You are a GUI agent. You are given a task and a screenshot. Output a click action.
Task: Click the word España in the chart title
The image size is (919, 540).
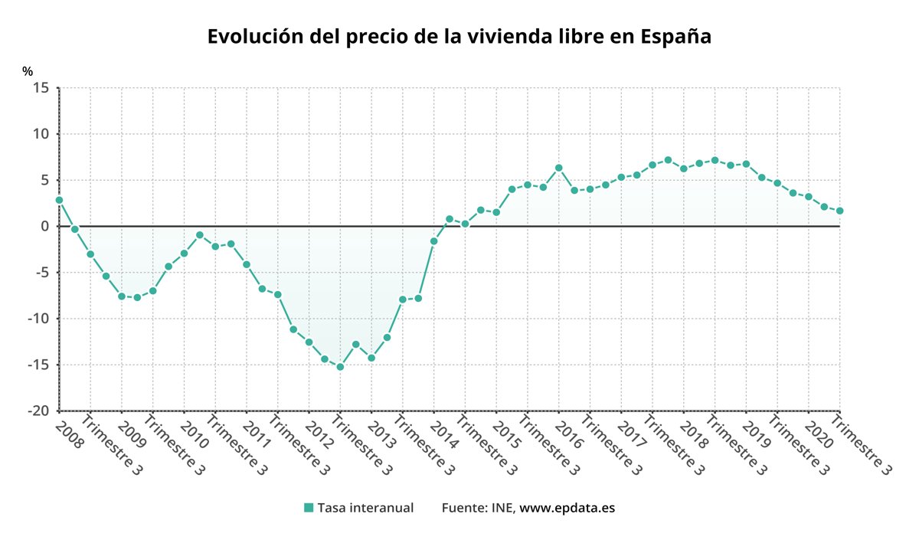click(675, 37)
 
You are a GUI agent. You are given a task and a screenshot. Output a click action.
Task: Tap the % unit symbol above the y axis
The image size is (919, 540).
click(28, 71)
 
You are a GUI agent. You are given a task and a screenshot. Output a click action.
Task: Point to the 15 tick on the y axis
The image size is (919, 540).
click(41, 88)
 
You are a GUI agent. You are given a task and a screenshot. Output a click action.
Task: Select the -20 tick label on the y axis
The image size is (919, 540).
click(38, 411)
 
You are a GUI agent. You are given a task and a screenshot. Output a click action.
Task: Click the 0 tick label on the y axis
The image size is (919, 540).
click(45, 226)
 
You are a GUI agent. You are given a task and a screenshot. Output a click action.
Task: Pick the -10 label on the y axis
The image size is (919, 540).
click(38, 319)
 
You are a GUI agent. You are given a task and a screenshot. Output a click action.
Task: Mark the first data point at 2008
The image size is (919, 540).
click(59, 200)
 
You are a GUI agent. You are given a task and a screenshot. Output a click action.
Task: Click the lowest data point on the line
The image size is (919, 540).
click(340, 367)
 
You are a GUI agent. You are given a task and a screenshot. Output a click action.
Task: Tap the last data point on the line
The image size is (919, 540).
click(840, 211)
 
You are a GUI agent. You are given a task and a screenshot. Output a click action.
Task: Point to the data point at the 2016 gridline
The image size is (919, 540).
click(559, 168)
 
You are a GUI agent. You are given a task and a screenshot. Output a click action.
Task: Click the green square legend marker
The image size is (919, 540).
click(309, 507)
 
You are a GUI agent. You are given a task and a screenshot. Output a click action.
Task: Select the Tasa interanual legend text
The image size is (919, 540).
click(365, 507)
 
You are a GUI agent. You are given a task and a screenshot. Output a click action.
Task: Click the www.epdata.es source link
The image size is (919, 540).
click(567, 507)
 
